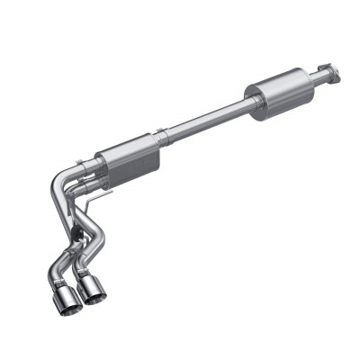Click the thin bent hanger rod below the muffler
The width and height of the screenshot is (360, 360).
[x=106, y=191]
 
